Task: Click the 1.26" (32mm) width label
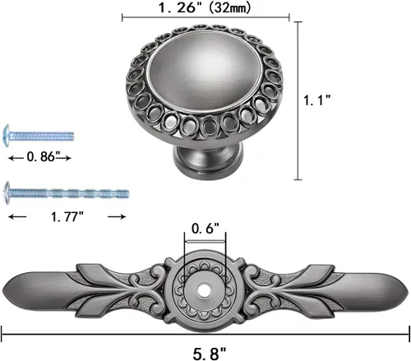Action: pos(205,7)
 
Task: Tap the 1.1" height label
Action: pos(317,100)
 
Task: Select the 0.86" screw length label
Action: pos(44,157)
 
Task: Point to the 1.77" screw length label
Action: pos(67,217)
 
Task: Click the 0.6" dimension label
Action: pos(205,229)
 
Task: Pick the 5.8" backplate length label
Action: pos(210,354)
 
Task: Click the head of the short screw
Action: pos(7,136)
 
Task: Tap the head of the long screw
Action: pos(7,193)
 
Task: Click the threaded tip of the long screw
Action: pos(125,194)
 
